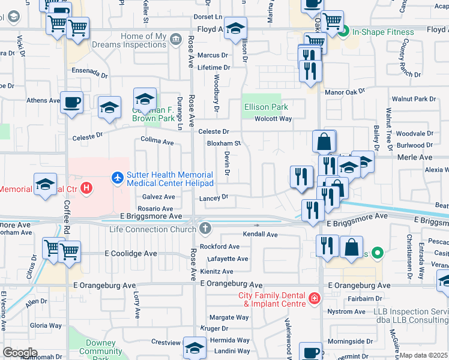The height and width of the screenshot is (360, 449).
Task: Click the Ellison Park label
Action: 266,107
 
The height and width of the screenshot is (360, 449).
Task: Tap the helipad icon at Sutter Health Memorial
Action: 117,178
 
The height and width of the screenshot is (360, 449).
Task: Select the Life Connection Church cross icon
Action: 205,228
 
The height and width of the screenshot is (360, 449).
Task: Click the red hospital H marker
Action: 87,188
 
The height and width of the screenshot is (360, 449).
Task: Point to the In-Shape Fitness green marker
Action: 343,32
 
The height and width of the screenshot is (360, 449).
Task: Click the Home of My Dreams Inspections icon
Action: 175,40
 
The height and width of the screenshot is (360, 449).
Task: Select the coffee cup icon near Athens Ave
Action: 71,102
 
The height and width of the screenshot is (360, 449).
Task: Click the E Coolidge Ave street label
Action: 131,254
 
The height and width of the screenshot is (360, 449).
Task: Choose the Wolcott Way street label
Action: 273,119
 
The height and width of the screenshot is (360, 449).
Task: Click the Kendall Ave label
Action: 260,234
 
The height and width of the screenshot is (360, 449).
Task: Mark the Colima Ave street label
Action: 157,143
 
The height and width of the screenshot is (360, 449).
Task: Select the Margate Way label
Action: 228,317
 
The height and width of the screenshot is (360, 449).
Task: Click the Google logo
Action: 20,353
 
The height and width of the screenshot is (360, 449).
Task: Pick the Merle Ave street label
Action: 415,157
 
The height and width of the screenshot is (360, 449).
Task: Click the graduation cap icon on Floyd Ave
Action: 235,28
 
